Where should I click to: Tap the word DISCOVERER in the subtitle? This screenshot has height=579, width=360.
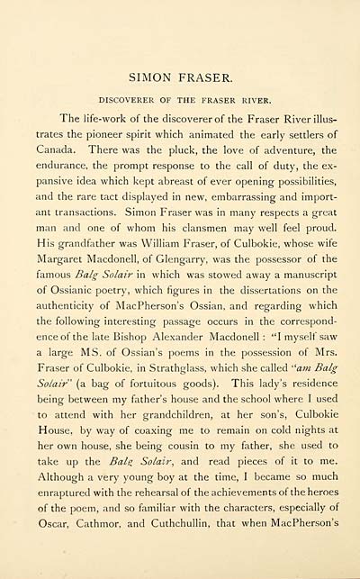[124, 99]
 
